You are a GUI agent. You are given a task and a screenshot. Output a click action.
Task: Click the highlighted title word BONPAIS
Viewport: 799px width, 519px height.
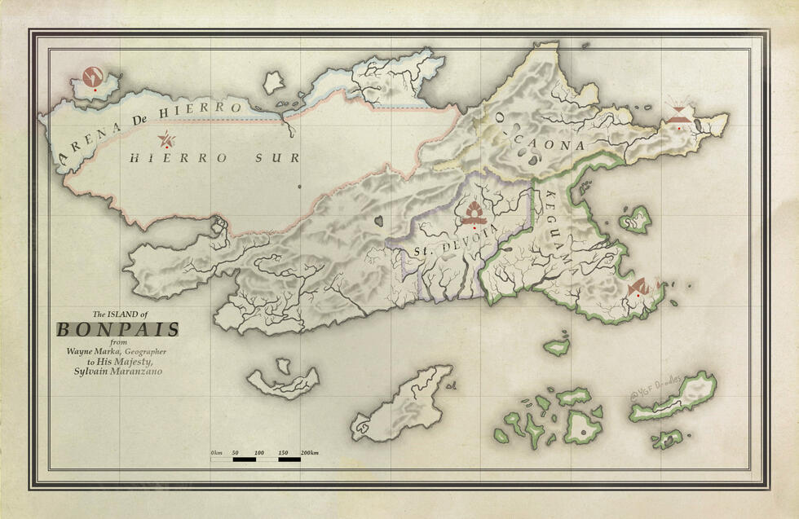coord(117,330)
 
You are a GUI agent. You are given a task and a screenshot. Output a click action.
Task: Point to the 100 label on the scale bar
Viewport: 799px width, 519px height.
coord(259,452)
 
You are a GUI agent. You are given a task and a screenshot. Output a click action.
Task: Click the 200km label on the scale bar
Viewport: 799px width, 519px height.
coord(309,452)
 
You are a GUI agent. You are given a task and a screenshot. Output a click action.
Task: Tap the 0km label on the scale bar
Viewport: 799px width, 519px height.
coord(216,452)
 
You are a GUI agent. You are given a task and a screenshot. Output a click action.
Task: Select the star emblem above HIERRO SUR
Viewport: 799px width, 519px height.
coord(167,139)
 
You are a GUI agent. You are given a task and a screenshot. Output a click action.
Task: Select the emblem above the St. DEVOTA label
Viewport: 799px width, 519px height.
coord(473,214)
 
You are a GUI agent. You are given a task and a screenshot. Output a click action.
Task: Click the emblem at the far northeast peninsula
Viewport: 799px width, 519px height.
coord(678,117)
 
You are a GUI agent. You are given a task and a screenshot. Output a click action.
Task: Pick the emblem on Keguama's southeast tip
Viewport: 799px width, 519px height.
coord(638,287)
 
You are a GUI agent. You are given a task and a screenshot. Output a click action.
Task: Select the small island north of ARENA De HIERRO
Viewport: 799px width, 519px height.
coord(274,82)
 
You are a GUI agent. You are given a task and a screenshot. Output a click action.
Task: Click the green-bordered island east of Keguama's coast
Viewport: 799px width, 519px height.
coord(635,218)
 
